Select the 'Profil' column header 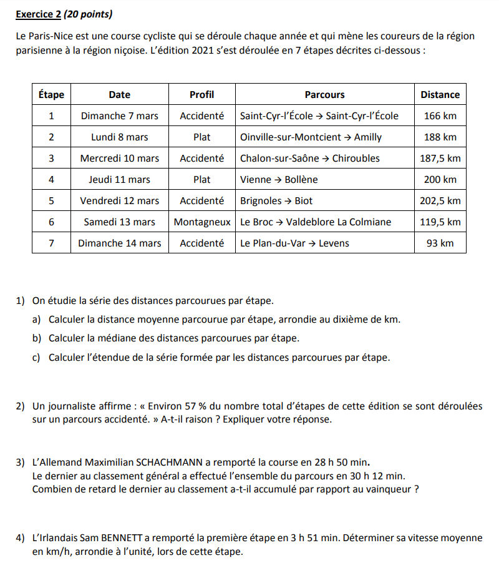tap(201, 95)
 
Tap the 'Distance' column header tap(440, 95)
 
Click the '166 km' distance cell tap(440, 115)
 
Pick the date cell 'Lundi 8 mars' tap(119, 137)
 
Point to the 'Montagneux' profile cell tap(201, 222)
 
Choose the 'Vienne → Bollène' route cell tap(279, 179)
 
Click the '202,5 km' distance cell tap(440, 200)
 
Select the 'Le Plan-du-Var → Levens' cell tap(294, 243)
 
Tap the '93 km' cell tap(440, 243)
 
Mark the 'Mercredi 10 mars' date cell tap(119, 158)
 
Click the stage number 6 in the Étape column tap(51, 222)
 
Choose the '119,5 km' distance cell tap(440, 222)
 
